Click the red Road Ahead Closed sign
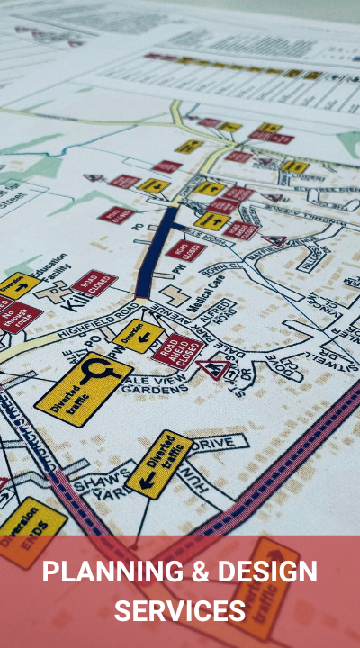point(177,349)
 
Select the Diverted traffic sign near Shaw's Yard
point(159,463)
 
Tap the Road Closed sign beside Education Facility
point(94,283)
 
